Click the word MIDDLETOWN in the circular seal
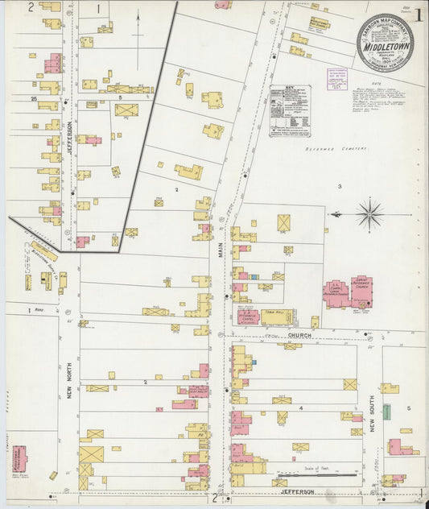pos(385,47)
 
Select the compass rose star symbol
pos(369,214)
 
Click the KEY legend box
pos(288,110)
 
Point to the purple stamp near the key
pos(336,79)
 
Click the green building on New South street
pos(386,412)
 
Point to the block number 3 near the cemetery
pos(340,186)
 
